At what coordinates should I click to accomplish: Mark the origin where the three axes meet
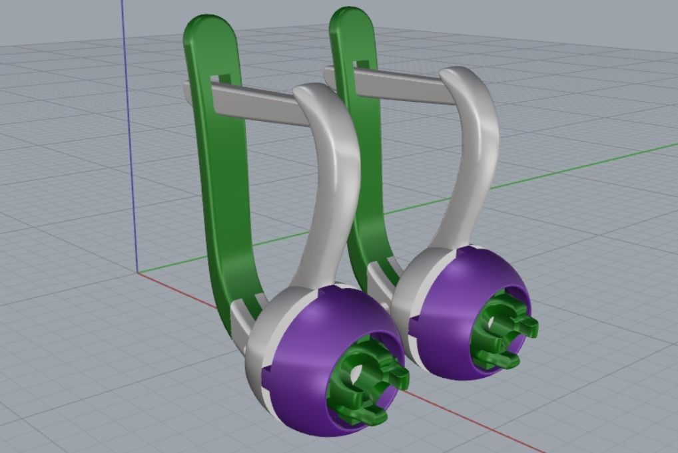click(x=138, y=272)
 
